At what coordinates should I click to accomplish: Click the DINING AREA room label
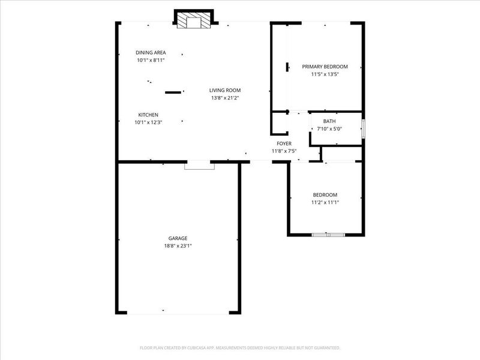point(151,53)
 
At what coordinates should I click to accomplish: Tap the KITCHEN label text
point(148,115)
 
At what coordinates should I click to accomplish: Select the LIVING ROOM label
point(225,91)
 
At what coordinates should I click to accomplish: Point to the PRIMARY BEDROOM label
point(325,67)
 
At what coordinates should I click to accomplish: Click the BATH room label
point(329,121)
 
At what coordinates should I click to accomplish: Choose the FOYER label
point(284,143)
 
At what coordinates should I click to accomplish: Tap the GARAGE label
point(178,238)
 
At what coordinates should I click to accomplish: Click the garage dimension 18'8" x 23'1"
point(178,246)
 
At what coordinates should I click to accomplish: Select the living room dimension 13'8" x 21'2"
point(225,98)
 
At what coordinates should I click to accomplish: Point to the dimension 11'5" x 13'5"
point(325,74)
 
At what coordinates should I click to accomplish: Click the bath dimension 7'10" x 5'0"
point(329,129)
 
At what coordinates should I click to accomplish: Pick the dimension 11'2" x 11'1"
point(325,202)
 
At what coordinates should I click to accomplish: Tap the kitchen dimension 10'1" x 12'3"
point(148,122)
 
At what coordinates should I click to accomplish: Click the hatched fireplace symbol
point(194,20)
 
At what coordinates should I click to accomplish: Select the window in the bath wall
point(364,128)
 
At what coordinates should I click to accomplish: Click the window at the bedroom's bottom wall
point(328,235)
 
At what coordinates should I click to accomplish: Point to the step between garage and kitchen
point(199,166)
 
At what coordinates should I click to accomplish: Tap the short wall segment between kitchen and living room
point(173,92)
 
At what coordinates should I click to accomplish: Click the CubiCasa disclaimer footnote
point(240,348)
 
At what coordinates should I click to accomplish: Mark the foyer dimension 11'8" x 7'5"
point(284,151)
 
